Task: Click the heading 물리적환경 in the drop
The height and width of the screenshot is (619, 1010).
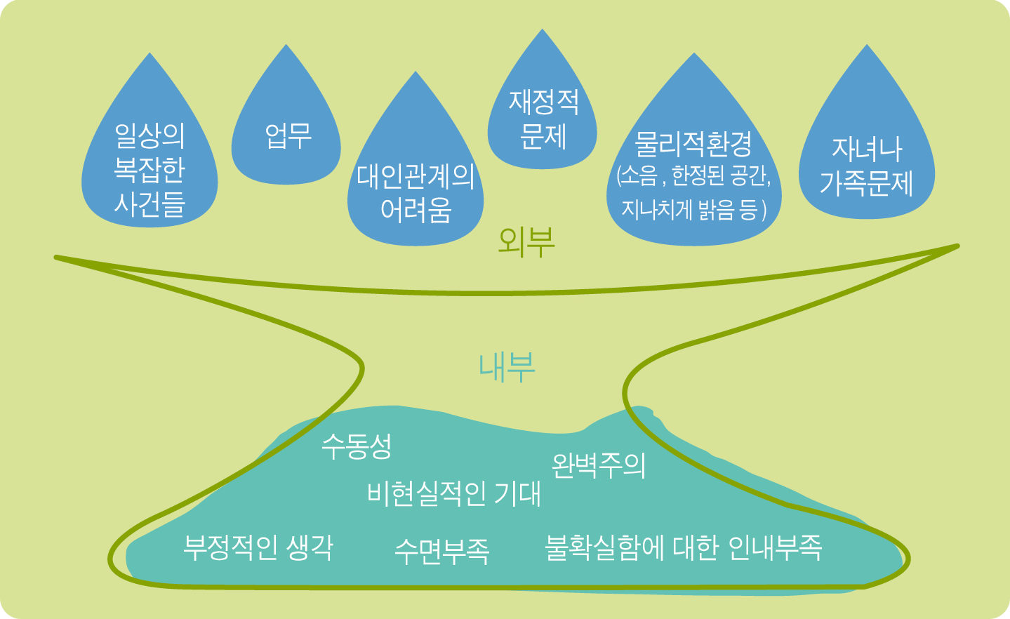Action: (693, 144)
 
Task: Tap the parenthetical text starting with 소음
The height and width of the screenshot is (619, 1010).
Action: (693, 192)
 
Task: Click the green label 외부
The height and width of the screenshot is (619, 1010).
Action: (526, 241)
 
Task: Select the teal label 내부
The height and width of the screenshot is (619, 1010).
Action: (507, 366)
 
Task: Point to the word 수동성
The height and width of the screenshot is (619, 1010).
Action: (357, 445)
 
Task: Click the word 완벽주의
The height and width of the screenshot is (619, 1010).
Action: (598, 465)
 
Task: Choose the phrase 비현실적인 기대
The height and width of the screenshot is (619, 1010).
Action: (454, 494)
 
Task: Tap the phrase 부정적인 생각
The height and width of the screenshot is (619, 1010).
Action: (258, 547)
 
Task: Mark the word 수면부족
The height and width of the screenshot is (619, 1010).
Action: (442, 551)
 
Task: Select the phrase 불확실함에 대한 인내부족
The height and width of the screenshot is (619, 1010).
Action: (683, 547)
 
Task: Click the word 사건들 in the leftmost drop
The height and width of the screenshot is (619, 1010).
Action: (149, 204)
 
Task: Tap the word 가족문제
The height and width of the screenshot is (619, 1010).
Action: (867, 182)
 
